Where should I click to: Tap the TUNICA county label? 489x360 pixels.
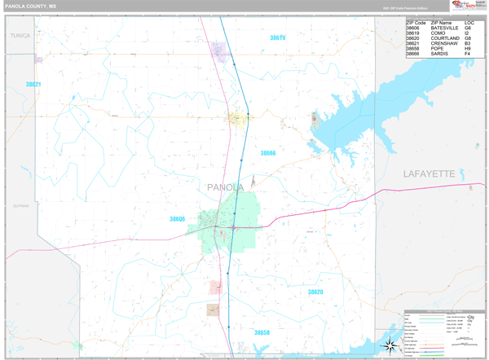click(20, 36)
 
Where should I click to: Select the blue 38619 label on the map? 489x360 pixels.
click(278, 37)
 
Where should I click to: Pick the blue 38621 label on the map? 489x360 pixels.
click(33, 84)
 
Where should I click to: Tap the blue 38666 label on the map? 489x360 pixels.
click(268, 153)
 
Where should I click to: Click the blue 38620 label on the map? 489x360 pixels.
click(315, 292)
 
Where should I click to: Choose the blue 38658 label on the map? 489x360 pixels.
click(262, 332)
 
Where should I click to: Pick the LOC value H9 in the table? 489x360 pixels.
click(468, 48)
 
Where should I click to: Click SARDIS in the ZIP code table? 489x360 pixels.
click(440, 54)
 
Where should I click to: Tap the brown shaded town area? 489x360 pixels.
click(213, 310)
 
